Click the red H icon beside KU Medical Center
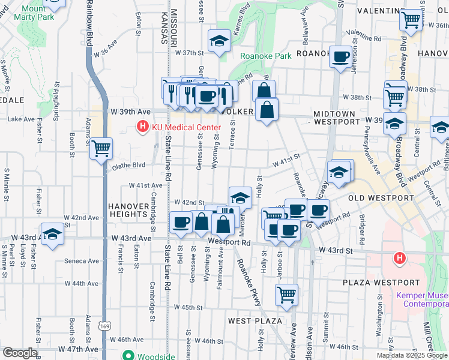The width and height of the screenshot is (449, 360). [x=142, y=127]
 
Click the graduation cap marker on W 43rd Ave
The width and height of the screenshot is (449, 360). [x=52, y=234]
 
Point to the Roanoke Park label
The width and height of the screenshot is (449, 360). [x=265, y=56]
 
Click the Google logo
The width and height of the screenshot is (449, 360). [x=20, y=353]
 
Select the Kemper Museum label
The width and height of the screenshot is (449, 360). [x=421, y=299]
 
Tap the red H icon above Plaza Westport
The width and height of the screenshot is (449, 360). [x=399, y=259]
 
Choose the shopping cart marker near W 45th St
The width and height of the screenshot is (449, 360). [x=287, y=295]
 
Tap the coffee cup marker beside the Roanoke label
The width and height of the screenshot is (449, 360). [x=341, y=57]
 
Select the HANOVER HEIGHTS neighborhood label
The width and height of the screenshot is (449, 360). [x=128, y=209]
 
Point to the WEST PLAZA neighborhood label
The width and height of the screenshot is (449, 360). [x=255, y=321]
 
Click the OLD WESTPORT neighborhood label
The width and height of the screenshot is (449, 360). [x=382, y=197]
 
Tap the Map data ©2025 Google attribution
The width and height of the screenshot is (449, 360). [x=412, y=355]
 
